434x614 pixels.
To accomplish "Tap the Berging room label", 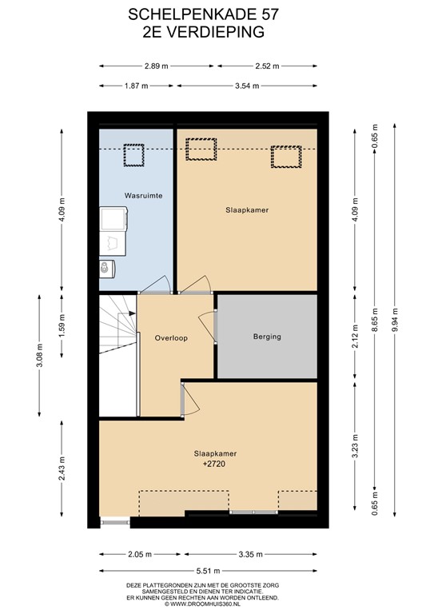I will [x=266, y=337].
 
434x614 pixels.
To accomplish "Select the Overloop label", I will [x=171, y=338].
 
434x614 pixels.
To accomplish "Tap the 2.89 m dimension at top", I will [x=157, y=66].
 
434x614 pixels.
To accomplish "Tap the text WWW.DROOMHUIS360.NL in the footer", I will [x=221, y=604].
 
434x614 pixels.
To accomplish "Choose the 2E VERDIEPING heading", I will [x=217, y=31].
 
